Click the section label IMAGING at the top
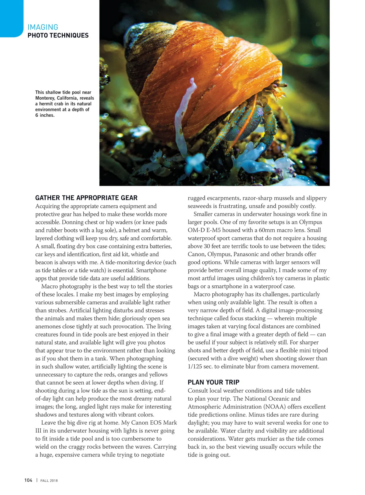point(43,27)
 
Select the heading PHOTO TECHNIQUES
point(58,35)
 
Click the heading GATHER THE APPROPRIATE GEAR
point(86,198)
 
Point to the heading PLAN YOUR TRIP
point(214,382)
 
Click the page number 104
point(28,480)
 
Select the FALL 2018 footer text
point(49,481)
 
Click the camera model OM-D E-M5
point(204,230)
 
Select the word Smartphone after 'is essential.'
point(151,270)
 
